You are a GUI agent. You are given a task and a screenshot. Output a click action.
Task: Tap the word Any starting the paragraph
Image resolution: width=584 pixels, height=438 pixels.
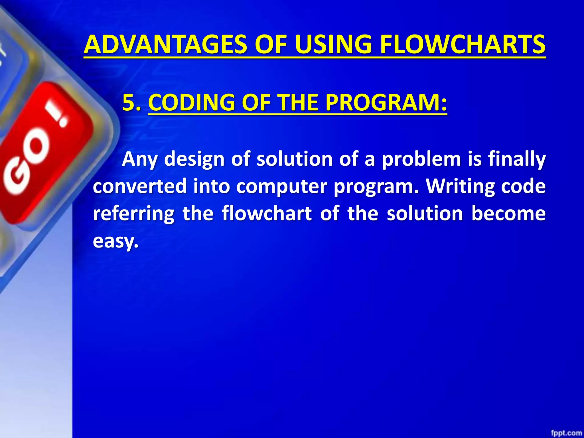[140, 159]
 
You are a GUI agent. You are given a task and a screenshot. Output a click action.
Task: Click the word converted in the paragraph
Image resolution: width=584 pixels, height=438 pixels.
[140, 186]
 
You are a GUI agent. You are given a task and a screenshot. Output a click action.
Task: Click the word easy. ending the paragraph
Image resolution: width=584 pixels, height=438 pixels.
[115, 241]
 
